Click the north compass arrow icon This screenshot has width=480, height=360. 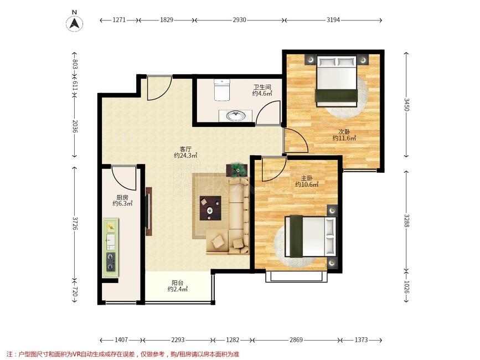74,23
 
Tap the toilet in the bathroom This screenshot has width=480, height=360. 221,90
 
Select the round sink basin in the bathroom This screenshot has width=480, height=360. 235,116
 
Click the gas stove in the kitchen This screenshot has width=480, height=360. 111,262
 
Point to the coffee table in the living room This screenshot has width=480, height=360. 210,208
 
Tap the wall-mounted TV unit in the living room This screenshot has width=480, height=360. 149,211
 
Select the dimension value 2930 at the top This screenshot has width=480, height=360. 239,20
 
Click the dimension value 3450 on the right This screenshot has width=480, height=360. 406,105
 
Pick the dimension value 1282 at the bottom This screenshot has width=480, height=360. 233,340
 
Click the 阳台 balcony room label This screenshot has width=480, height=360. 178,283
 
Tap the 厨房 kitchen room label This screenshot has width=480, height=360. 122,198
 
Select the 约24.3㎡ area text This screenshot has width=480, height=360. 185,156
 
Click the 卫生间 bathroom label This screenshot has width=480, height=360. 262,88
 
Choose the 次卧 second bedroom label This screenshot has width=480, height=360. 344,132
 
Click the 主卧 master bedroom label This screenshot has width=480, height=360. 307,178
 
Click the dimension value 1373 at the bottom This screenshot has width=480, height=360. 361,340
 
